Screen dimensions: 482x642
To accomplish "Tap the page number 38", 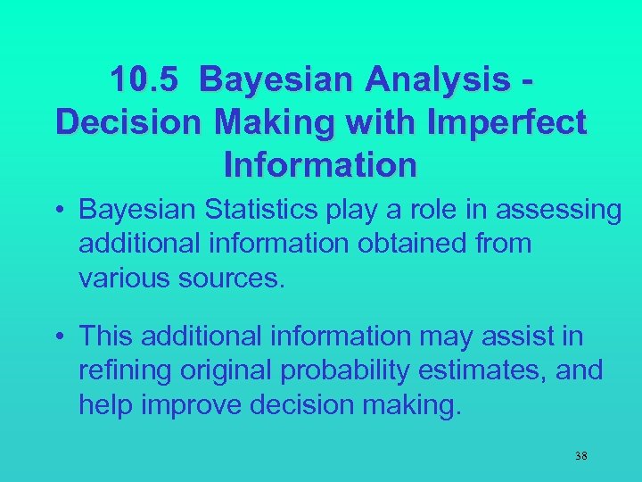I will [580, 456].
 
